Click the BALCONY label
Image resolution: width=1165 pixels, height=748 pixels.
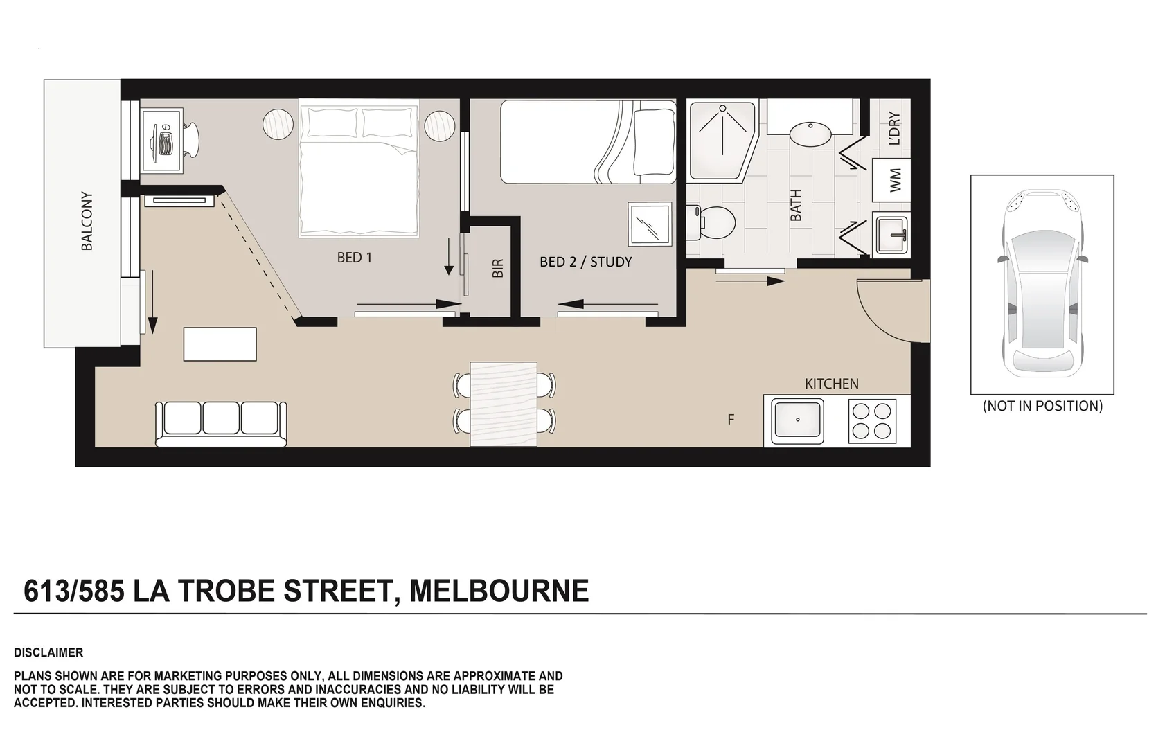tap(87, 221)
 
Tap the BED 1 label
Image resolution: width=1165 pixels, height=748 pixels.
tap(355, 258)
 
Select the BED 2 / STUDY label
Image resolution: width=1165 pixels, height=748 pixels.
tap(585, 262)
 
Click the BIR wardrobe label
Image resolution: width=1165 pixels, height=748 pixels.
tap(497, 268)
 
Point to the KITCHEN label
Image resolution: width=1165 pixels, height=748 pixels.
tap(831, 384)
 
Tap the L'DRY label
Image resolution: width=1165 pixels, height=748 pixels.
tap(893, 129)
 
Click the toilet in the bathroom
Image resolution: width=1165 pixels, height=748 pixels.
tap(713, 222)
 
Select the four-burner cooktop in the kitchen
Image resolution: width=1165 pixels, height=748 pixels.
tap(871, 420)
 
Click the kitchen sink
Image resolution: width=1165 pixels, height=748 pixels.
tap(798, 420)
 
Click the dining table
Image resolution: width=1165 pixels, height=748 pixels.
tap(504, 404)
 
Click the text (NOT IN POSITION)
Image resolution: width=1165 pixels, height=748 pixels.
tap(1042, 406)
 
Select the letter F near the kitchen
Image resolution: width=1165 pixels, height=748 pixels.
tap(731, 420)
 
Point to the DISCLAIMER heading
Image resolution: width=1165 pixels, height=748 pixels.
tap(48, 652)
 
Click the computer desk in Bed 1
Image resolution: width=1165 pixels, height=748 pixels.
tap(162, 140)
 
